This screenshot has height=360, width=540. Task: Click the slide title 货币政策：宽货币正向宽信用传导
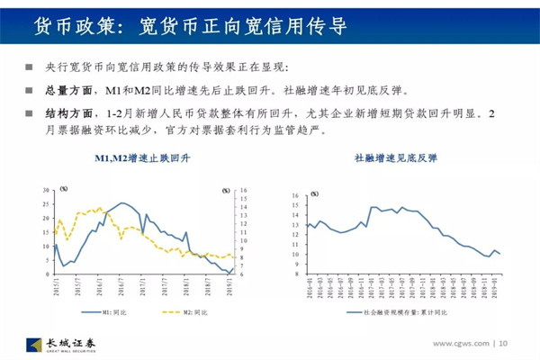[189, 25]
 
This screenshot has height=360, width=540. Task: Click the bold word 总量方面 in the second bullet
[69, 91]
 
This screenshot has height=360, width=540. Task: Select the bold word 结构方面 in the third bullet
[69, 114]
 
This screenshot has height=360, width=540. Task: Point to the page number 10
[503, 343]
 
